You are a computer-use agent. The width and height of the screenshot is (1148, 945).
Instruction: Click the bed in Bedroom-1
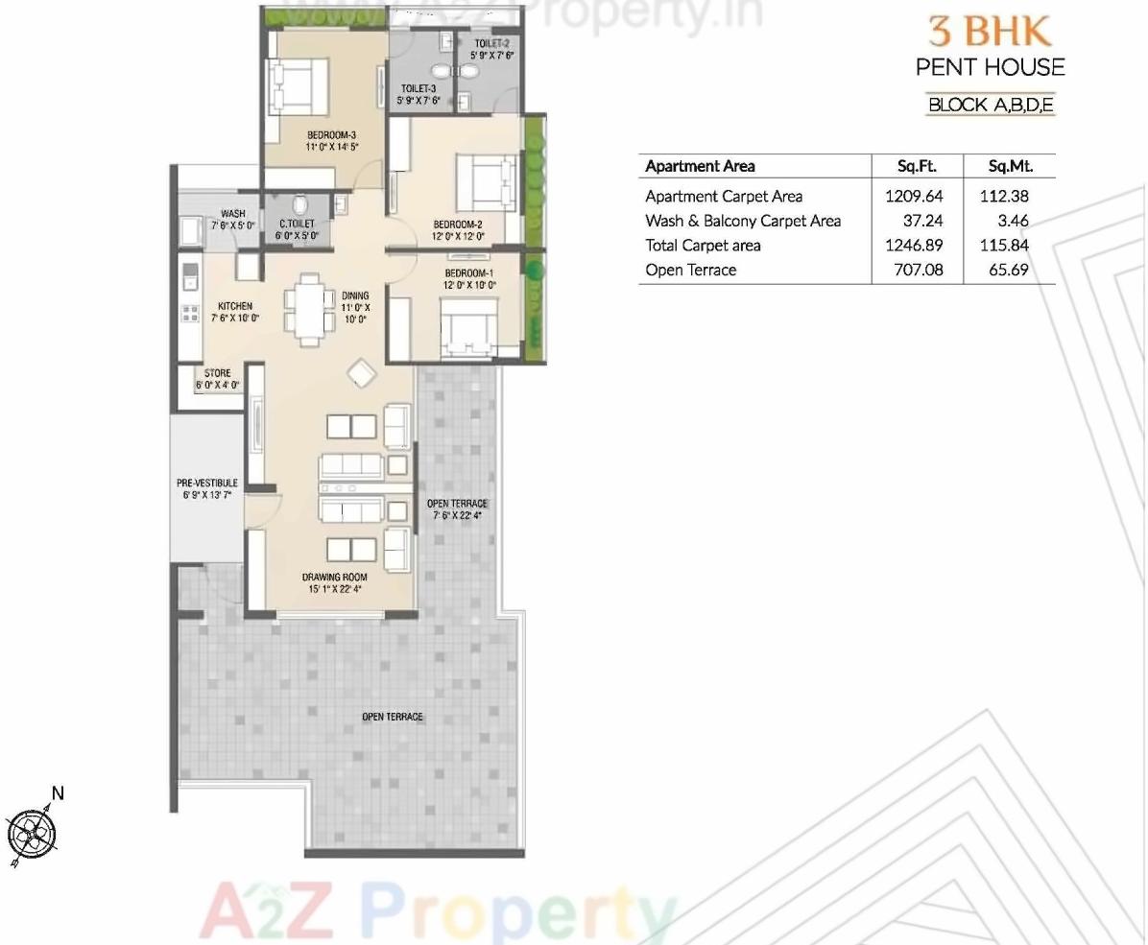(x=468, y=324)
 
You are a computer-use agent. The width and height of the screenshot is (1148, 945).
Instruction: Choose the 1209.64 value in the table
(x=914, y=196)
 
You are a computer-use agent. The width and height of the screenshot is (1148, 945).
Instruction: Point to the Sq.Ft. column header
(x=916, y=166)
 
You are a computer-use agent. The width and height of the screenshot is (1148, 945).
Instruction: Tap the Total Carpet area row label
(x=703, y=245)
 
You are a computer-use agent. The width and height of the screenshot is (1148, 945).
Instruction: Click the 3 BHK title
(x=989, y=31)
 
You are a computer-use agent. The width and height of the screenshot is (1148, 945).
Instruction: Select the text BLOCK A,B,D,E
(x=991, y=105)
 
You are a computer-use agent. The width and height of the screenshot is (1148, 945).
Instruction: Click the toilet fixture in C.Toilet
(x=299, y=204)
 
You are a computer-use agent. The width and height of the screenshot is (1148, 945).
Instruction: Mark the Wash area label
(x=232, y=214)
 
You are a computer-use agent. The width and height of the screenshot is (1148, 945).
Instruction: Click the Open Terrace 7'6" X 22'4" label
(x=457, y=508)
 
